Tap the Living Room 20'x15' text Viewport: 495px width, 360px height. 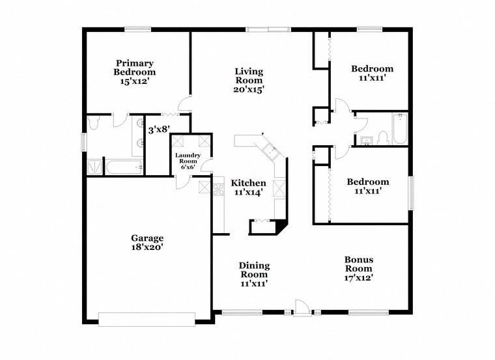[249, 80]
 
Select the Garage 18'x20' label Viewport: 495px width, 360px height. [147, 243]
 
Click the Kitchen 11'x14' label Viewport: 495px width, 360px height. [249, 187]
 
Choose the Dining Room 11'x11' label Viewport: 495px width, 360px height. [253, 274]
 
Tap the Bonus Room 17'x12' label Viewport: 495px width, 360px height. [358, 268]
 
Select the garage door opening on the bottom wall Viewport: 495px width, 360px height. [147, 318]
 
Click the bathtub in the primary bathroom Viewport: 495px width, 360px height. [124, 167]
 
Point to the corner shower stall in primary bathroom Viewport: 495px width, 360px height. [95, 167]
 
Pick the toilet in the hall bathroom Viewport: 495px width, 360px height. [383, 136]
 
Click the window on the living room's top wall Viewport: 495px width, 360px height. [268, 28]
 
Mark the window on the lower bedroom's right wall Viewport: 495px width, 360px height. [410, 193]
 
